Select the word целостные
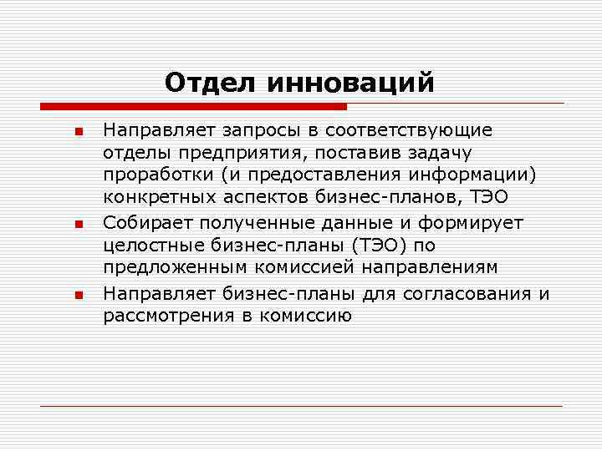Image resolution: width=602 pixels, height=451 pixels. point(150,246)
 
